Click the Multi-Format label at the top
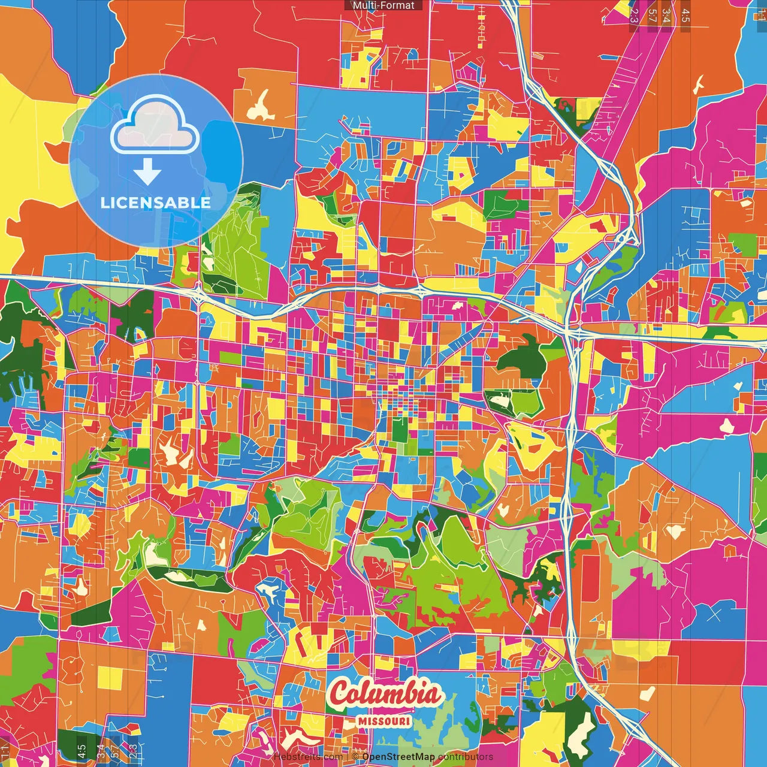pyautogui.click(x=383, y=5)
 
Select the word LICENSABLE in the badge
pyautogui.click(x=155, y=203)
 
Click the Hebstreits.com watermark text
pyautogui.click(x=308, y=757)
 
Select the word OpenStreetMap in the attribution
pyautogui.click(x=398, y=757)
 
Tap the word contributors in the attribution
pyautogui.click(x=466, y=757)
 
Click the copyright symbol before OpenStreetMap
pyautogui.click(x=355, y=757)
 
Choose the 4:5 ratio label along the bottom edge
pyautogui.click(x=81, y=751)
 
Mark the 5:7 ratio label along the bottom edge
pyautogui.click(x=115, y=751)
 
